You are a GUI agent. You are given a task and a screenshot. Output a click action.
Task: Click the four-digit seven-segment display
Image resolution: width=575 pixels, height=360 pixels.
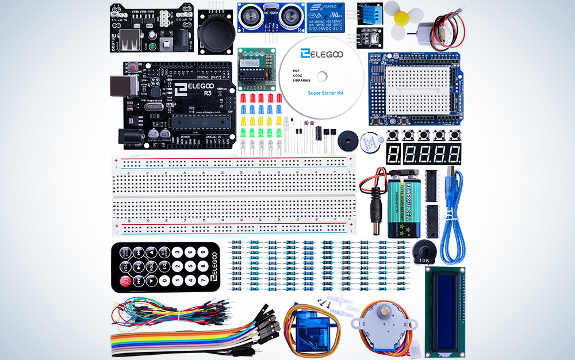[x=432, y=154]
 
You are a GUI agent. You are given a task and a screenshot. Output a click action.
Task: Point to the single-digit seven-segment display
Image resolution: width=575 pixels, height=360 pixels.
[x=394, y=154]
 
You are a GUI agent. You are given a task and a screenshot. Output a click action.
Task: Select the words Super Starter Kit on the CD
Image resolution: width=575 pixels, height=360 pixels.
[x=325, y=93]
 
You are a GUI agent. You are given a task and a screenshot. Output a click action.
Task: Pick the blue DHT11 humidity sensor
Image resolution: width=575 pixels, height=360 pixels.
[x=368, y=12]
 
